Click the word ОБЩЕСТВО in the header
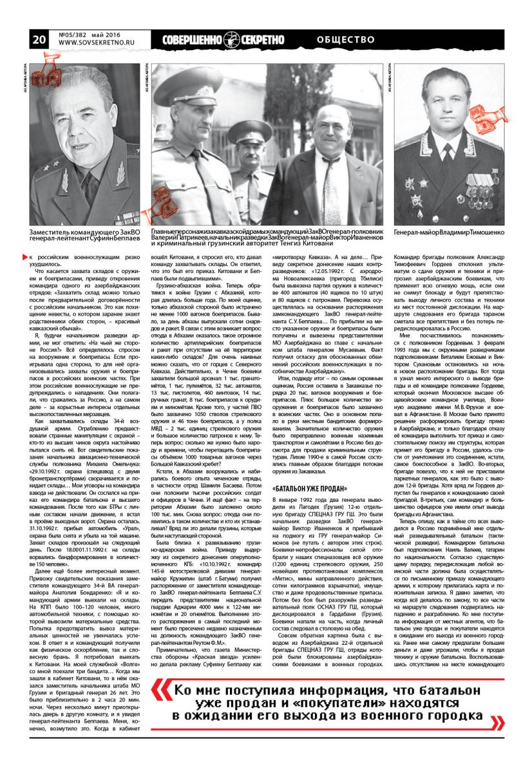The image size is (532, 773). click(x=347, y=39)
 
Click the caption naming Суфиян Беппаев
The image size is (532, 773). click(x=84, y=234)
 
